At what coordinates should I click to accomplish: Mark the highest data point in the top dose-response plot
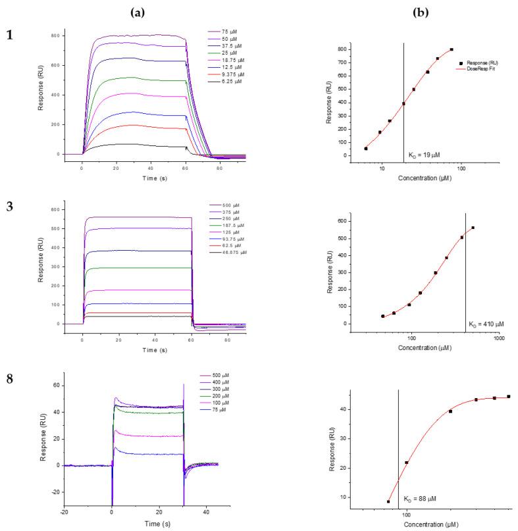(x=452, y=49)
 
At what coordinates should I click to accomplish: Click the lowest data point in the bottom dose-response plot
(x=388, y=501)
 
